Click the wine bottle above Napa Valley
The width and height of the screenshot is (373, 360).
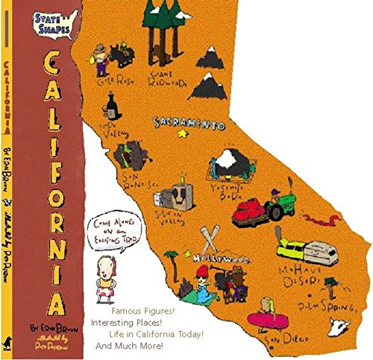[x=110, y=102]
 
